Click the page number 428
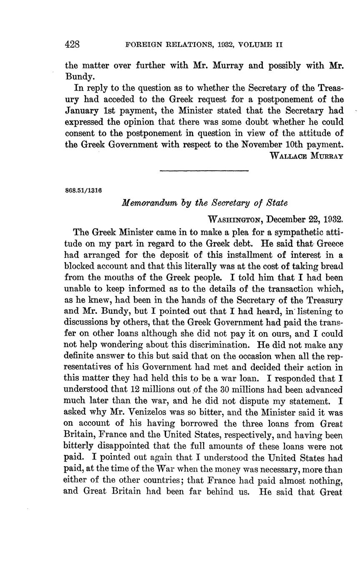(72, 44)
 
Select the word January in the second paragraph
(82, 111)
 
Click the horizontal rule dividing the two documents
(204, 170)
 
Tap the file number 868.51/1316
(84, 190)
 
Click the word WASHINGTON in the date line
(235, 219)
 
